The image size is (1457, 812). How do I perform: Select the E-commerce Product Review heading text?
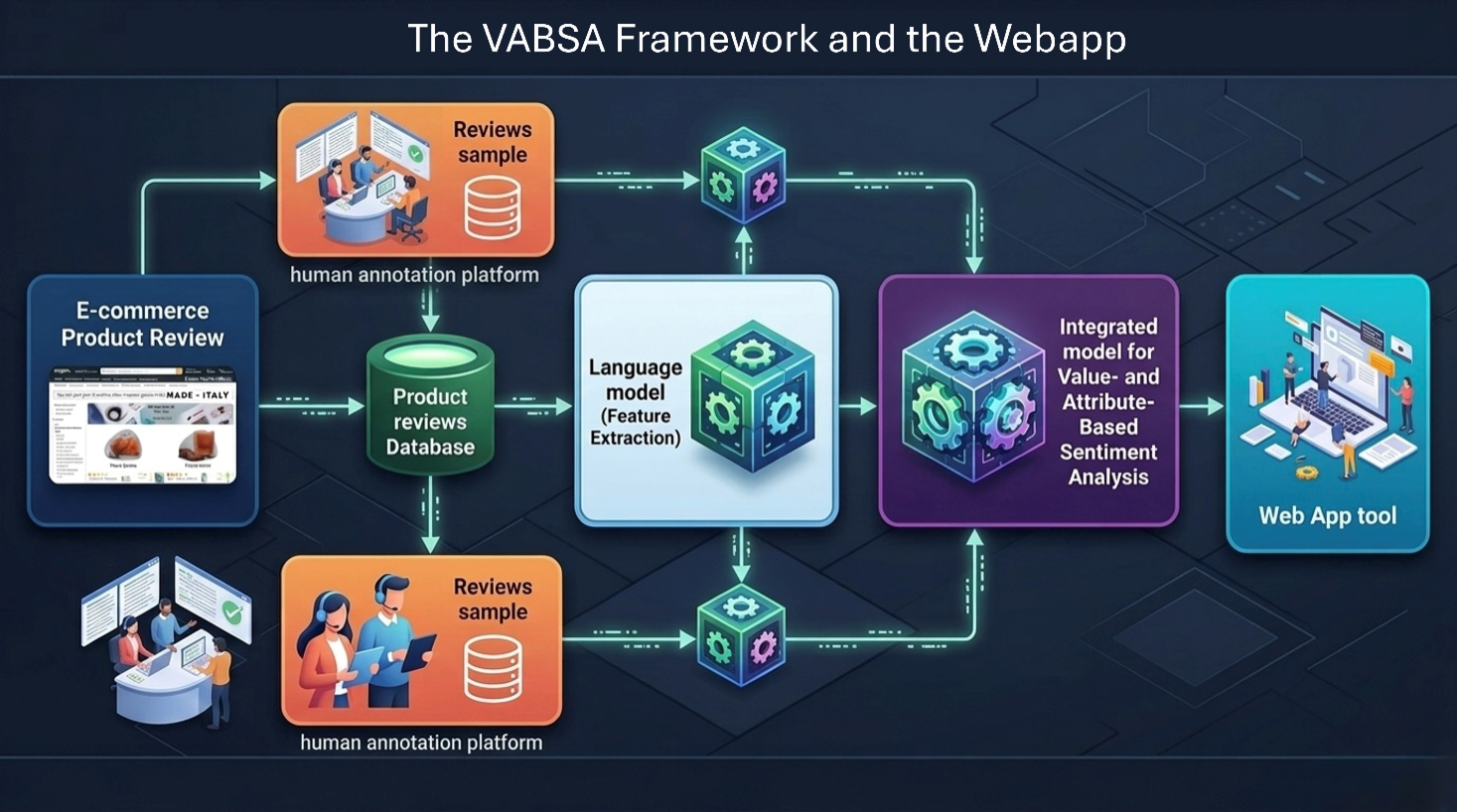143,325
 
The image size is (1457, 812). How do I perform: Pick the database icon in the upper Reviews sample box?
493,207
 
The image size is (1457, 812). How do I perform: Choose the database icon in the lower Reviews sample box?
493,667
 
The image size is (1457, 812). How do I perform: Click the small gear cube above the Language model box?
743,179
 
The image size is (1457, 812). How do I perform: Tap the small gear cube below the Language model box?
741,635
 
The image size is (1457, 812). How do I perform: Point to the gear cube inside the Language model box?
752,396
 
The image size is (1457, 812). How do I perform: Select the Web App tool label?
1327,515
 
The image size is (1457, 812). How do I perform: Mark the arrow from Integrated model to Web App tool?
1202,406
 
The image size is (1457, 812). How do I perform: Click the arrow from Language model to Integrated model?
858,406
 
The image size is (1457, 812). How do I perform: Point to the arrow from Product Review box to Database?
311,406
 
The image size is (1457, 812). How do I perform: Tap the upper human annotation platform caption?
414,275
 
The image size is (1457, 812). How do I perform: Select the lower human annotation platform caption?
421,743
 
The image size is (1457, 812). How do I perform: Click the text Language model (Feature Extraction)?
636,402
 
